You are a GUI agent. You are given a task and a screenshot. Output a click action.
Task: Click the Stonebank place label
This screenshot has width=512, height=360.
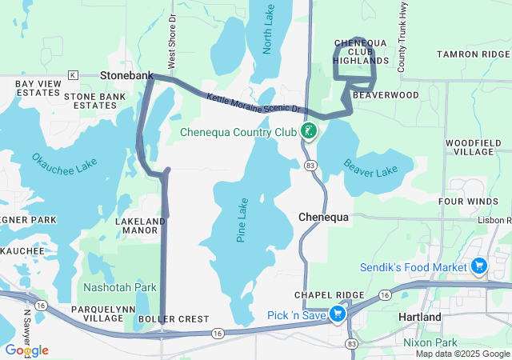point(126,74)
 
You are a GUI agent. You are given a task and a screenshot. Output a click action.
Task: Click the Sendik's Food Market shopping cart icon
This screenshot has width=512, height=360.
point(479,266)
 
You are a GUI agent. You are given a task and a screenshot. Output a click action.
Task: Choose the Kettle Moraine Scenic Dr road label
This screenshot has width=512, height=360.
point(252,102)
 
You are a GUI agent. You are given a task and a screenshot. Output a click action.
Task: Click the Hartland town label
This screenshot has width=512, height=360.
point(419,317)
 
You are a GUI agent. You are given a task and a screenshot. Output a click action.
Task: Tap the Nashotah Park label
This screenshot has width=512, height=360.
point(119,286)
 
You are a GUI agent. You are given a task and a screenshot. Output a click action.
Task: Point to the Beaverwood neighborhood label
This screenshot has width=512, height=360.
point(386,94)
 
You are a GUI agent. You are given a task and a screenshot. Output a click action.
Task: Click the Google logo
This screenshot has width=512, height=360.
point(26,350)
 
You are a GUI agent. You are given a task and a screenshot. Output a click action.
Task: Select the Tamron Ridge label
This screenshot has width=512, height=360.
point(474,54)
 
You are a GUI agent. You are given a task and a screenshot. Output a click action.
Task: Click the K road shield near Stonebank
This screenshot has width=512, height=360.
point(72,75)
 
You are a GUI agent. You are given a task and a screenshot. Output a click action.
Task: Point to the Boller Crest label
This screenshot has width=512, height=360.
point(184,318)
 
